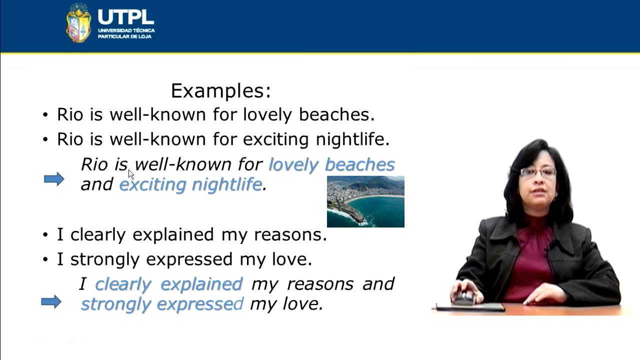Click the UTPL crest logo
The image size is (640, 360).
click(78, 23)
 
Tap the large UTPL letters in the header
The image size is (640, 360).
click(126, 17)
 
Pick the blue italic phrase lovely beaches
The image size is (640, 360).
click(331, 165)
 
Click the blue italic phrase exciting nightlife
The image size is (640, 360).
click(190, 185)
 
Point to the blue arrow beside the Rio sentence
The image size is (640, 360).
click(54, 179)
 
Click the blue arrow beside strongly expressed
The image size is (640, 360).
click(51, 301)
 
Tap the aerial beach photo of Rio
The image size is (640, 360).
click(365, 201)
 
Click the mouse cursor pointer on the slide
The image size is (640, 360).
click(131, 174)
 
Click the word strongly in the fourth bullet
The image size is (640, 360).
click(105, 260)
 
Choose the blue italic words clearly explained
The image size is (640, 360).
click(168, 284)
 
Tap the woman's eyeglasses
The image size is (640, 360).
click(538, 172)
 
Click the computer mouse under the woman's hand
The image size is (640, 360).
click(464, 298)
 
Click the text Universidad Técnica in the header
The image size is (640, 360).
click(126, 30)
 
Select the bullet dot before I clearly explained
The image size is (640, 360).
click(45, 235)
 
